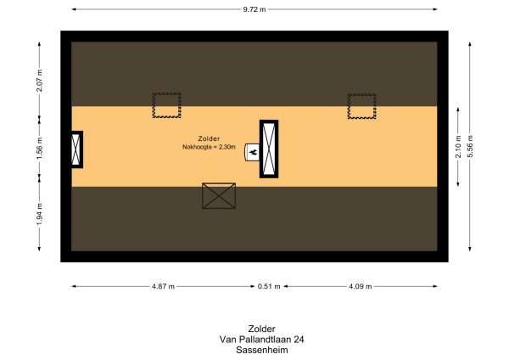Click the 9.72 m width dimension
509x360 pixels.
[x=254, y=9]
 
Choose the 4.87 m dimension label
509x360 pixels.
[x=163, y=286]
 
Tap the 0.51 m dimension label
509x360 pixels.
[x=268, y=286]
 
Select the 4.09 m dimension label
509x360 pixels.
[x=360, y=286]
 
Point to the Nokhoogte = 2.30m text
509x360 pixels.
[x=208, y=146]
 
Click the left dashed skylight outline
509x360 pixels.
[x=166, y=105]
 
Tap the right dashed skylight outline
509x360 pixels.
[x=361, y=106]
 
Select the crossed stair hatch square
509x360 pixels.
[x=219, y=196]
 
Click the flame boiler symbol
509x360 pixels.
[x=252, y=152]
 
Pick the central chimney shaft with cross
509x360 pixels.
[x=269, y=149]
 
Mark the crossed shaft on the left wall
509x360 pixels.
[x=76, y=149]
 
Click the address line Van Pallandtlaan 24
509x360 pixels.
[x=261, y=339]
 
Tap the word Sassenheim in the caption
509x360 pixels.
[x=261, y=348]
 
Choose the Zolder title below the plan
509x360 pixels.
[x=261, y=329]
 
